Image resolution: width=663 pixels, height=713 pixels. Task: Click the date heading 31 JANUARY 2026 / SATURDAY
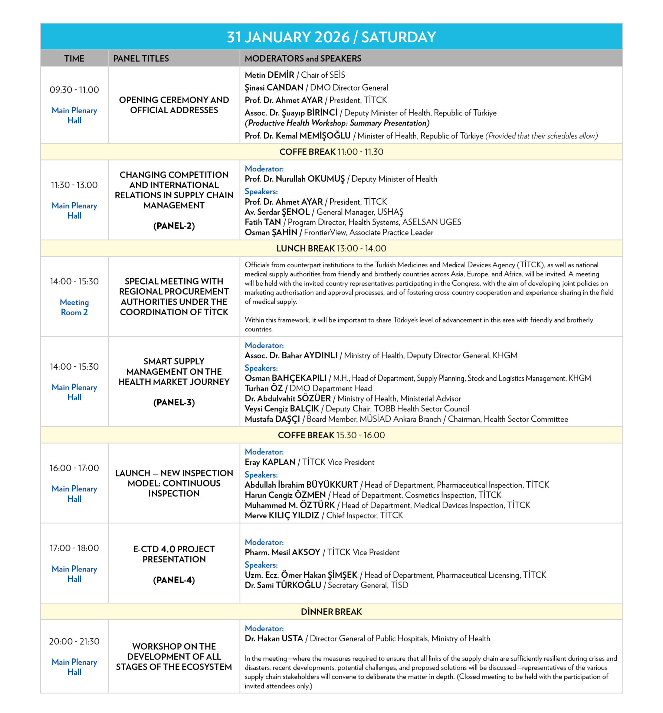coord(331,37)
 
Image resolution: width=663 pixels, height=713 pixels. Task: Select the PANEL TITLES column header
coord(141,58)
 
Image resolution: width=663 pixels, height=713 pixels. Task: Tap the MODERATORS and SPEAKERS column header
coord(303,58)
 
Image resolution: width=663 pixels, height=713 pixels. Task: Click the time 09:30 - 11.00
coord(74,90)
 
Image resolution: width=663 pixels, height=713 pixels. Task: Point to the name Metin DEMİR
coord(269,75)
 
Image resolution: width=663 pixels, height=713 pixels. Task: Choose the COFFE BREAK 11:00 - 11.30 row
coord(331,152)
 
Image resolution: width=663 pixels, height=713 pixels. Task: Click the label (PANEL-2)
coord(174,226)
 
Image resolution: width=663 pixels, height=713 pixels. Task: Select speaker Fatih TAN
coord(263,222)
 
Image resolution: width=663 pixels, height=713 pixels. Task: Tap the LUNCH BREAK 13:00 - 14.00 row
coord(331,248)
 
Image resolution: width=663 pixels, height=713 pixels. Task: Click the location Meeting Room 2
coord(74,307)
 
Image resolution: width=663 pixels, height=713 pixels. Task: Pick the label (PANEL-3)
coord(174,402)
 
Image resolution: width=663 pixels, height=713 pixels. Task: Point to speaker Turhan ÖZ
coord(264,388)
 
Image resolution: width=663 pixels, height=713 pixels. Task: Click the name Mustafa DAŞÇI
coord(272,419)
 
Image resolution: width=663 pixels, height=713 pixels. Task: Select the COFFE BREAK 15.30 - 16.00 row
coord(331,435)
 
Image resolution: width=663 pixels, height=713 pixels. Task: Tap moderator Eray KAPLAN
coord(270,462)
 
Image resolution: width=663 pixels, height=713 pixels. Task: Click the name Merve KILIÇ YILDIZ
coord(282,515)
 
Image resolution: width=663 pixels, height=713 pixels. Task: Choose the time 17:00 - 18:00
coord(74,548)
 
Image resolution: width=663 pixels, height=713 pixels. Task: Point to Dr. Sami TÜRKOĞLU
coord(283,585)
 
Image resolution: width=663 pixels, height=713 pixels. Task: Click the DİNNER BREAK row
coord(331,612)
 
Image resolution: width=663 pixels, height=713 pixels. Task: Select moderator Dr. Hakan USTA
coord(274,639)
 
